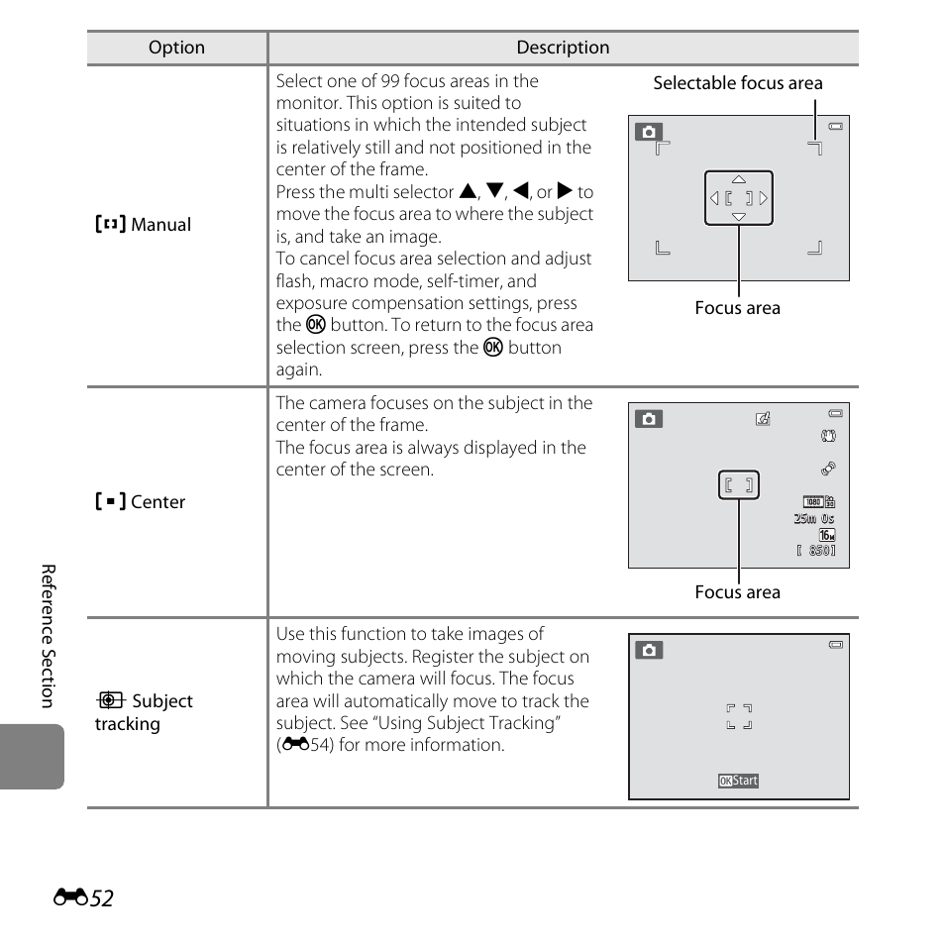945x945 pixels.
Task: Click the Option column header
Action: (x=176, y=48)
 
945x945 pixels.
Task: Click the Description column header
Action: (x=563, y=48)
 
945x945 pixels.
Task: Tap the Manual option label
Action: (x=160, y=225)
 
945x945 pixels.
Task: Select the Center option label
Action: (x=157, y=502)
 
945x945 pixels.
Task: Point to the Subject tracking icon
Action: (x=110, y=701)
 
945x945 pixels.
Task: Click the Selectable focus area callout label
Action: (x=737, y=83)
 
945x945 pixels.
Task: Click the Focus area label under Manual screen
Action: (x=737, y=308)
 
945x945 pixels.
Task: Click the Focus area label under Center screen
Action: (x=737, y=592)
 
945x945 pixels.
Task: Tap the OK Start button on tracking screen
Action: (x=739, y=781)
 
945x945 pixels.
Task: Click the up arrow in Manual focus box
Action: (x=739, y=179)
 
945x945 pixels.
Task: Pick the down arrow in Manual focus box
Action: (x=739, y=216)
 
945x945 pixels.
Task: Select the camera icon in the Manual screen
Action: (x=648, y=132)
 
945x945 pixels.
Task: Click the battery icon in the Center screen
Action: (x=836, y=413)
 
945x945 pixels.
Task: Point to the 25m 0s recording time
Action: (x=814, y=519)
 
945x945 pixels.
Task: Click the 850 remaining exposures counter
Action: (x=816, y=551)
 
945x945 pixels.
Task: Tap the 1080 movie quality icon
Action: (x=813, y=502)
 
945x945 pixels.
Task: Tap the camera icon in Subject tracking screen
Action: (x=649, y=650)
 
